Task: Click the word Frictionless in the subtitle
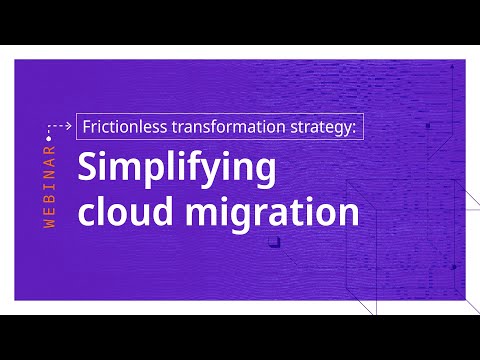117,127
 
